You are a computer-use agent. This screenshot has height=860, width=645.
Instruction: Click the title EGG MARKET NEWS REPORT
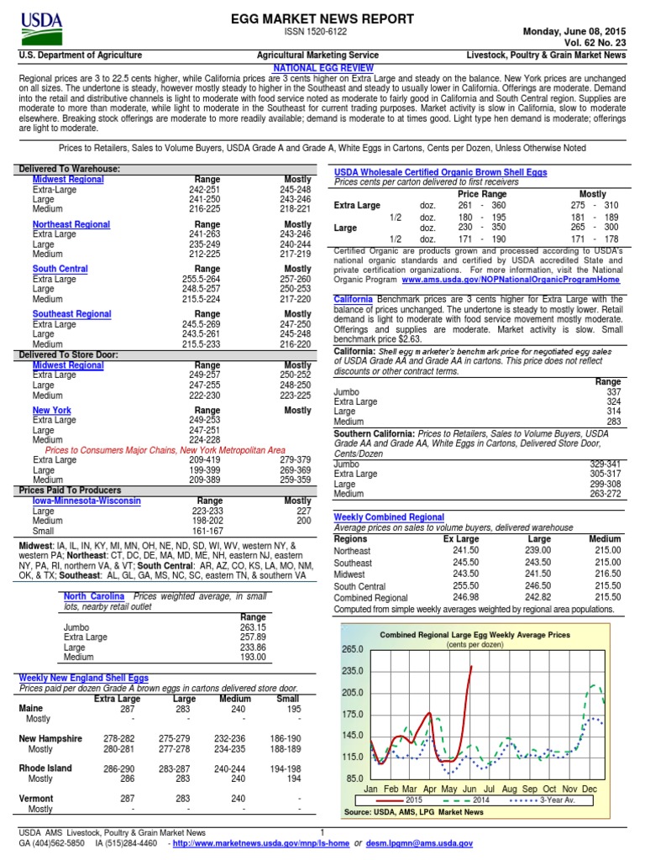tap(322, 18)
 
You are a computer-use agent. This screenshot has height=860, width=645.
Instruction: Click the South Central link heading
tap(60, 269)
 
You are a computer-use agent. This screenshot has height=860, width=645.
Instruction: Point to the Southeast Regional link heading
tap(71, 314)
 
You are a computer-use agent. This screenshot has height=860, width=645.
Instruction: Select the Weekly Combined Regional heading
tap(389, 517)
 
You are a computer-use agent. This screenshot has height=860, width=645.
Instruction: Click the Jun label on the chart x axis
tap(469, 790)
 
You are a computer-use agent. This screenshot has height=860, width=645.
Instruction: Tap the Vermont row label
tap(36, 799)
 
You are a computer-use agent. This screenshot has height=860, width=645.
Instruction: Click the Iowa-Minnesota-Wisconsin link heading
tap(87, 501)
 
